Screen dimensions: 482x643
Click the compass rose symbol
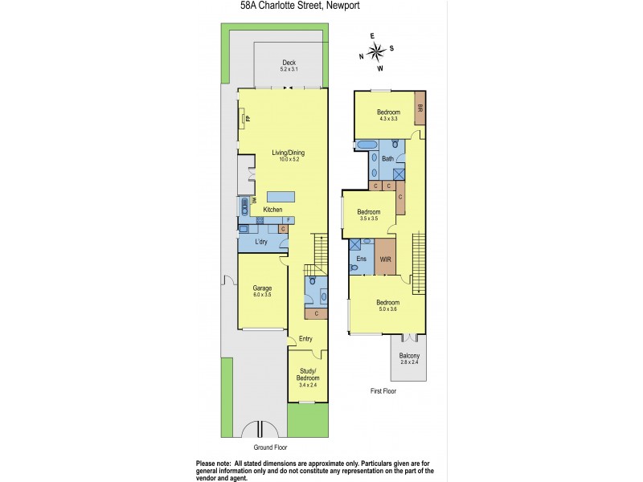pos(375,52)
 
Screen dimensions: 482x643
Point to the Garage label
pos(262,288)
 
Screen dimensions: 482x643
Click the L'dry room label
pos(261,242)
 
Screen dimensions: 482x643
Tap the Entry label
pos(305,339)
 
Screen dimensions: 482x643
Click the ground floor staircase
pos(318,249)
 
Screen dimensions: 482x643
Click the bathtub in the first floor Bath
pos(366,145)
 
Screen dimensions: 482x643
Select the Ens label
pos(361,259)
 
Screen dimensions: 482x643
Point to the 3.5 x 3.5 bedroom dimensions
pos(368,219)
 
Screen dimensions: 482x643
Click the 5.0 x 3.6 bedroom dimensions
pos(388,308)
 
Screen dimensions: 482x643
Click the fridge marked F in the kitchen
pos(288,220)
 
